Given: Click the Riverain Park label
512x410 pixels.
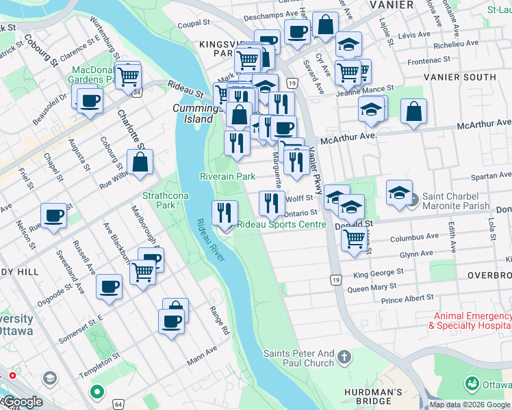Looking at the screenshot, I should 227,176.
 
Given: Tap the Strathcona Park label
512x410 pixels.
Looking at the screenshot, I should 159,200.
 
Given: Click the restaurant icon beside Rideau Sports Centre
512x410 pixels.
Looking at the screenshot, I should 225,213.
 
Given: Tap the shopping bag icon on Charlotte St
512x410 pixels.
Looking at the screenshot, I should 140,163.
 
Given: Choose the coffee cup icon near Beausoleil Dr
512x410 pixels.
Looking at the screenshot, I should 88,101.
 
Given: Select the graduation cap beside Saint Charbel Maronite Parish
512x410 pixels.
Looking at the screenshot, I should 399,193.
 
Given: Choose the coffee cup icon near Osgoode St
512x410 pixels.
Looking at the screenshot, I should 109,287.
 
